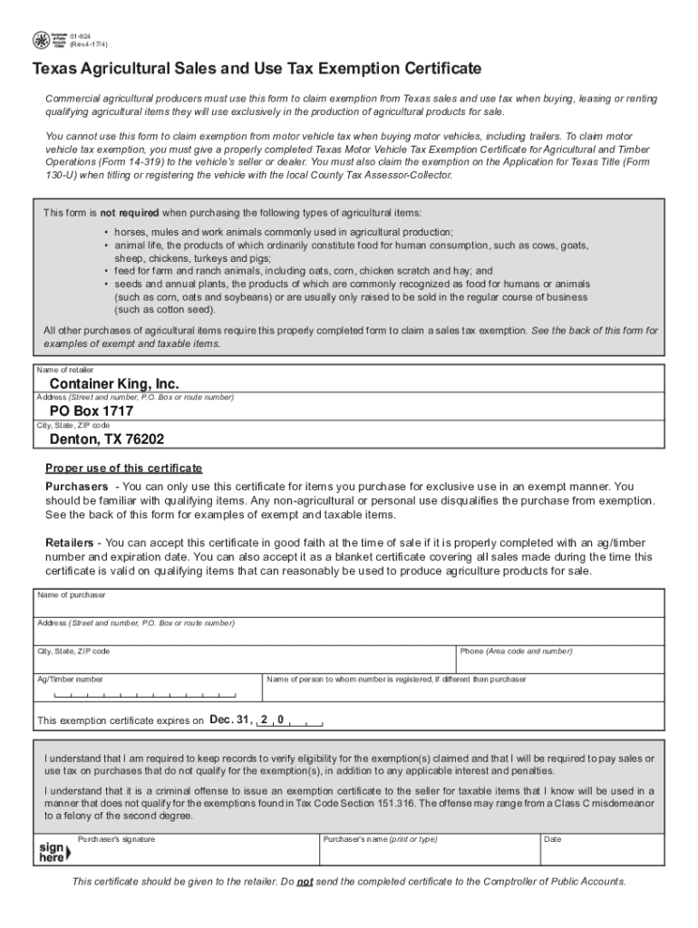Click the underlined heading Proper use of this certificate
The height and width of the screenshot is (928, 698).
tap(124, 468)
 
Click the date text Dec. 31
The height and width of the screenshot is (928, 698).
tap(228, 720)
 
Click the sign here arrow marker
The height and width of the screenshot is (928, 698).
tap(52, 853)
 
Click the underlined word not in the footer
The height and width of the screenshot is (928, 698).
tap(305, 882)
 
